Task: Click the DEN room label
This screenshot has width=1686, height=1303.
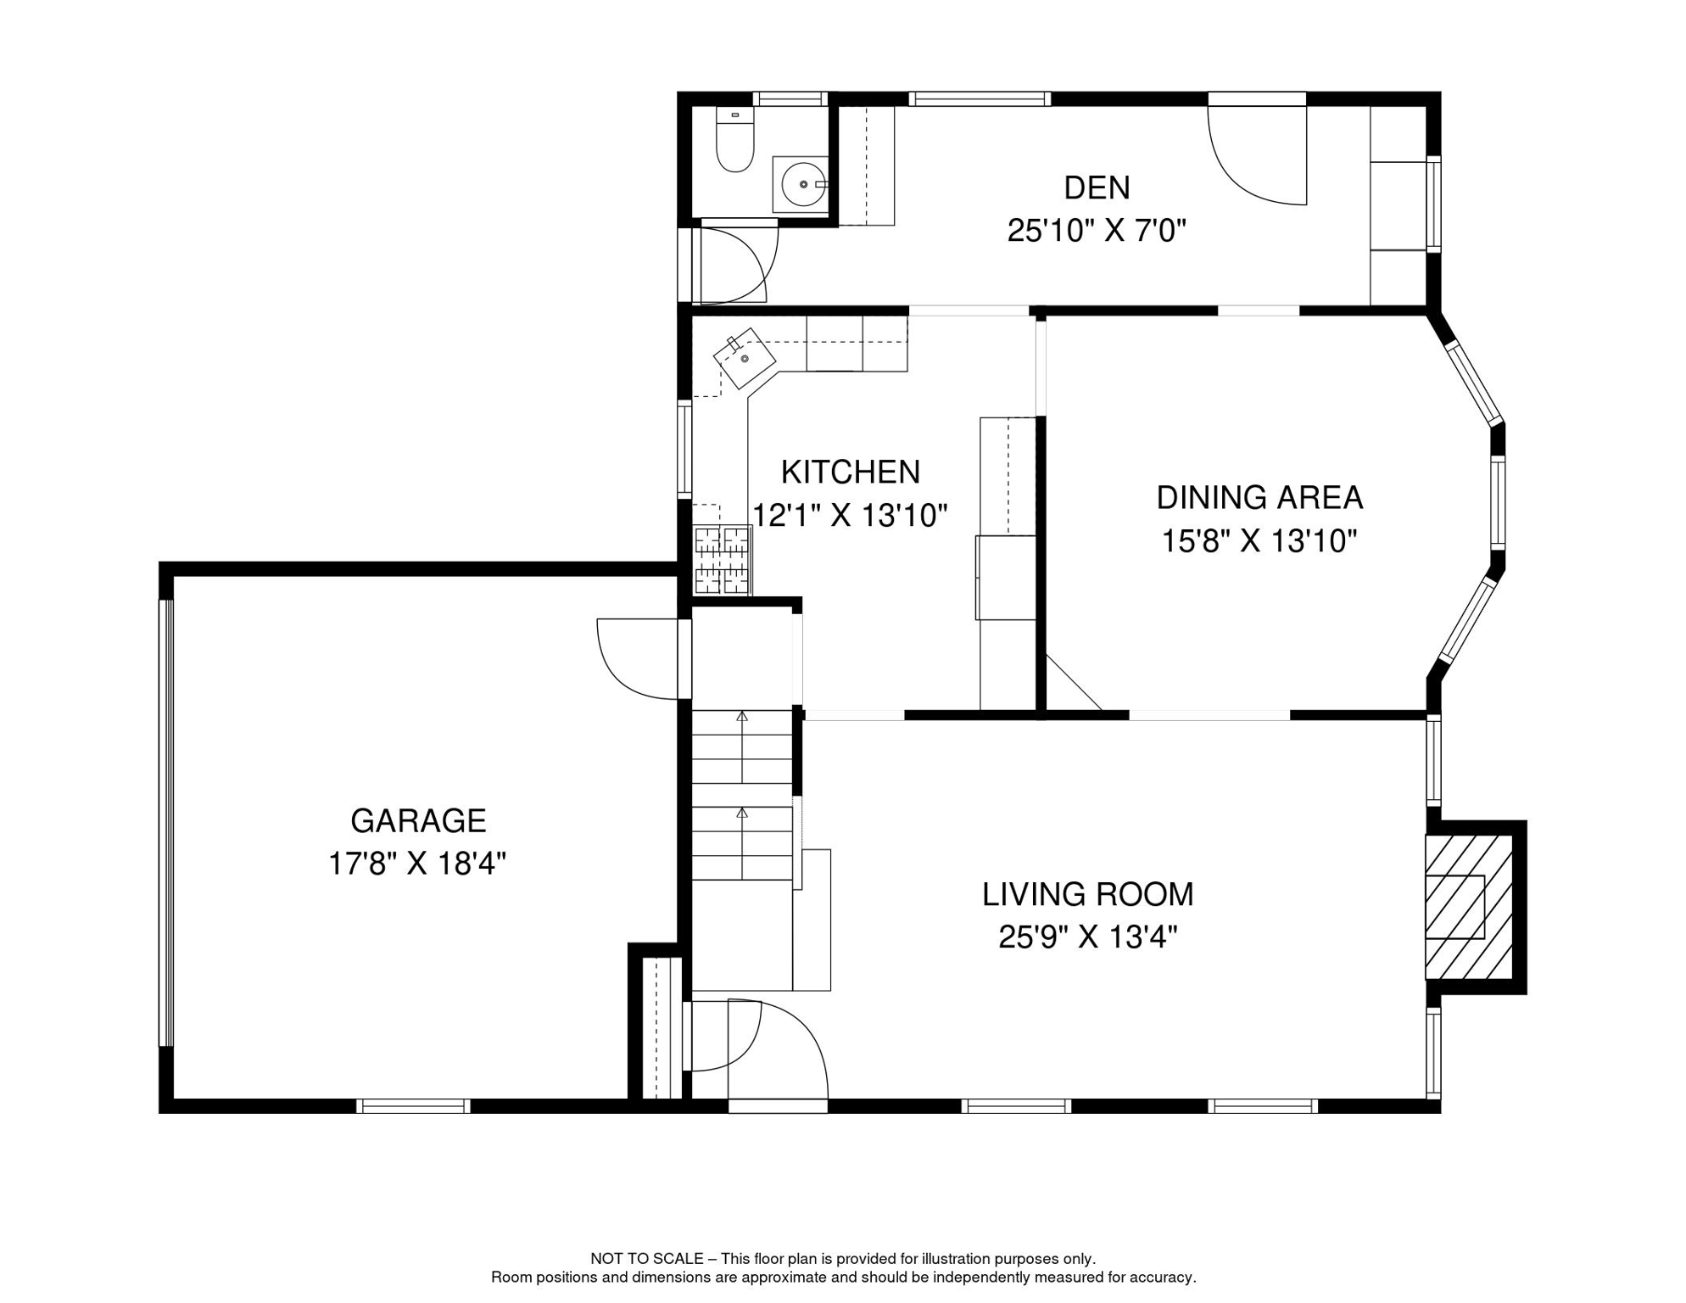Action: [1096, 188]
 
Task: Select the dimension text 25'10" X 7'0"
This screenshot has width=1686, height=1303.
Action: [1096, 231]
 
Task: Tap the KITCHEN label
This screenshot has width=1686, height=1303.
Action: [850, 472]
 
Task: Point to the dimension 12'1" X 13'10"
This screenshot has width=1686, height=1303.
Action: [850, 515]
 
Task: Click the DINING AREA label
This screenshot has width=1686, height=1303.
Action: [1259, 498]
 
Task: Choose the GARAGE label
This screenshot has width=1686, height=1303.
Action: [418, 821]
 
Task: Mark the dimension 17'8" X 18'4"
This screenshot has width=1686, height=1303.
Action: [417, 864]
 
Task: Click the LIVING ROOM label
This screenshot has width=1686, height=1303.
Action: [1087, 894]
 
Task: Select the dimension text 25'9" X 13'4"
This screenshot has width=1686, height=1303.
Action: [1087, 937]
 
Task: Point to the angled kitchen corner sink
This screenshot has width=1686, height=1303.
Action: [745, 358]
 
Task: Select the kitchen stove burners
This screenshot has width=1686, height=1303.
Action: [723, 560]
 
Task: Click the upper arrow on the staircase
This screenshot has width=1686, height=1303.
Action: [742, 718]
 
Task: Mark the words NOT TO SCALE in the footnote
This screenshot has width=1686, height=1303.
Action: [646, 1259]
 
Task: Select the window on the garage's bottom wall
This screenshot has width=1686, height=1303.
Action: [413, 1106]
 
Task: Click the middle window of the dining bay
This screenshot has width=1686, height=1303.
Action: [1498, 502]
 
